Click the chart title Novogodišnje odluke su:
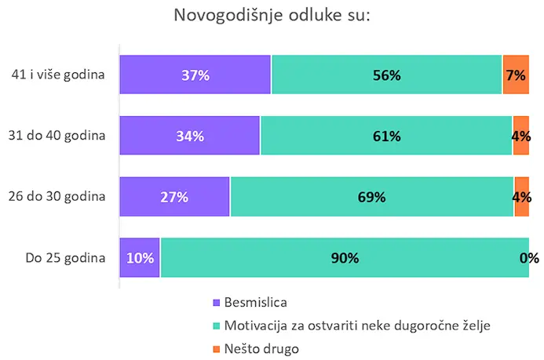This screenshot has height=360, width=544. (x=272, y=16)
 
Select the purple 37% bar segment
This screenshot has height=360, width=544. (x=195, y=75)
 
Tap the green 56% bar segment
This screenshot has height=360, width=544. (x=386, y=75)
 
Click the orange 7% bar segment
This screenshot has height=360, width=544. (x=516, y=75)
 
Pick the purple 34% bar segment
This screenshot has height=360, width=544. (x=189, y=136)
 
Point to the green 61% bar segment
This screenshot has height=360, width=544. (x=386, y=136)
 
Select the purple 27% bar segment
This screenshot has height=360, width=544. (x=174, y=197)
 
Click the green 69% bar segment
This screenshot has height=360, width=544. (x=372, y=197)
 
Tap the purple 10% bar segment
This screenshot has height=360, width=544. (x=140, y=257)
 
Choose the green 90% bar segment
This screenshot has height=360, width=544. (x=345, y=257)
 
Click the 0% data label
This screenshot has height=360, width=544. (x=529, y=257)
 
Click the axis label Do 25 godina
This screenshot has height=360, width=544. (x=66, y=257)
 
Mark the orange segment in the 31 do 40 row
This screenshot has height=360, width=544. (x=521, y=136)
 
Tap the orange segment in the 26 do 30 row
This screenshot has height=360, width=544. (x=521, y=197)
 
